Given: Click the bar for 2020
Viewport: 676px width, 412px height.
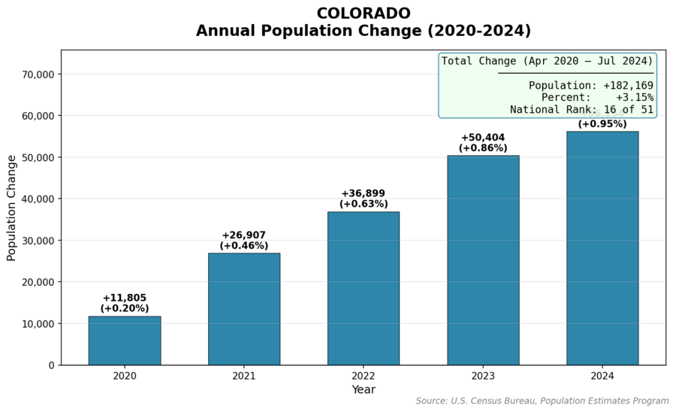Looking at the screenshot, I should point(124,341).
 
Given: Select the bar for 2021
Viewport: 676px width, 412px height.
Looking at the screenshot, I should point(243,309).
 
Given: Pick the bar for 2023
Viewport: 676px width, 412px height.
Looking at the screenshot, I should point(483,260).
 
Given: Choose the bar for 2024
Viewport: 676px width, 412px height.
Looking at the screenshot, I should point(602,248).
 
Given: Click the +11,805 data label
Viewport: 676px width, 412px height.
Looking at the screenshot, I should point(125,298).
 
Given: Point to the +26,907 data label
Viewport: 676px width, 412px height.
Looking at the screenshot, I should point(243,235).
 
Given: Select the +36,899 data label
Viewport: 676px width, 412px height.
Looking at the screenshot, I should point(364,194).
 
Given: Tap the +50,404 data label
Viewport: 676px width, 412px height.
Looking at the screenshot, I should point(483,138).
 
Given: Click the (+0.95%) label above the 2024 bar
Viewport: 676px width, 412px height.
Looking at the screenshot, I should point(602,124).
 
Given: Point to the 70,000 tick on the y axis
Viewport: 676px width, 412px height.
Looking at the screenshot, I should point(38,74).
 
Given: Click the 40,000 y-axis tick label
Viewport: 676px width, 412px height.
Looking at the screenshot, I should point(38,199).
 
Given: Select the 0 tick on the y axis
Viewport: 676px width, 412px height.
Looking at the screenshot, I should point(51,365).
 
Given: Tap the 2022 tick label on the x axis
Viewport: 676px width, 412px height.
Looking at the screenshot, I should point(364,375).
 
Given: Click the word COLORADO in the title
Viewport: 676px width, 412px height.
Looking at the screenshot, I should point(364,14).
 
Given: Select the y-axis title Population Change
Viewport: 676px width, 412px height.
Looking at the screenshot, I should point(11,208).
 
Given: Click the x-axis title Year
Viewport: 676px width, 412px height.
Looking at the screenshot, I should point(364,389).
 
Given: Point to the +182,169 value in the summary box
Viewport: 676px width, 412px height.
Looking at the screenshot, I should point(628,86).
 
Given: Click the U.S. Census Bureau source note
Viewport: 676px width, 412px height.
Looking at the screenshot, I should point(542,401).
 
